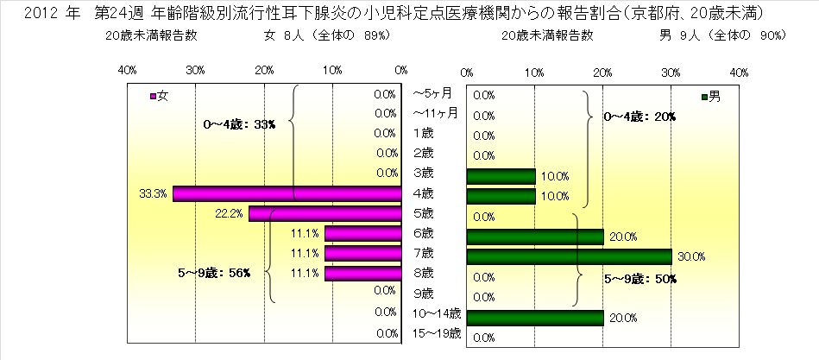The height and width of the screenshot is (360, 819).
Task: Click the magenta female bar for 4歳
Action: click(287, 193)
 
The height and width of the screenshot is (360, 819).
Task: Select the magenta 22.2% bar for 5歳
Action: click(325, 214)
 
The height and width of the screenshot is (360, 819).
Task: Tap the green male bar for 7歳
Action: click(569, 256)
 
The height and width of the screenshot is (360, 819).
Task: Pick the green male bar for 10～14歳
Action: click(535, 317)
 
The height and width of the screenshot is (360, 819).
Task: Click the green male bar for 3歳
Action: click(501, 175)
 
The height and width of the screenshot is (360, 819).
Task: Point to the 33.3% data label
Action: click(153, 194)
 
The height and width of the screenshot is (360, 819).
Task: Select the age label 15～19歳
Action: click(437, 332)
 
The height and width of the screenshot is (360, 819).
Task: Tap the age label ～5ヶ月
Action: click(433, 92)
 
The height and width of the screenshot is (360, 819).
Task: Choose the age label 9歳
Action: click(423, 293)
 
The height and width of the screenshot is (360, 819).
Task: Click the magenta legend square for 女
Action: click(154, 97)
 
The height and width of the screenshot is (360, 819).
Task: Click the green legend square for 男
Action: click(706, 97)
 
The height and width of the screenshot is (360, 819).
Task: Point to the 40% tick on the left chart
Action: click(126, 70)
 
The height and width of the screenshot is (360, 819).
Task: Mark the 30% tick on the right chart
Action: click(671, 70)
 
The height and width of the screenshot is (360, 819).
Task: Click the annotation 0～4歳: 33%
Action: click(239, 124)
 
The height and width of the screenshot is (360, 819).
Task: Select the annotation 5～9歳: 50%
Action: click(639, 279)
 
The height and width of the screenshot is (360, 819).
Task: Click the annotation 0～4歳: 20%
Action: click(639, 117)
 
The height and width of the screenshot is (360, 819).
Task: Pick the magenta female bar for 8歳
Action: click(363, 275)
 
